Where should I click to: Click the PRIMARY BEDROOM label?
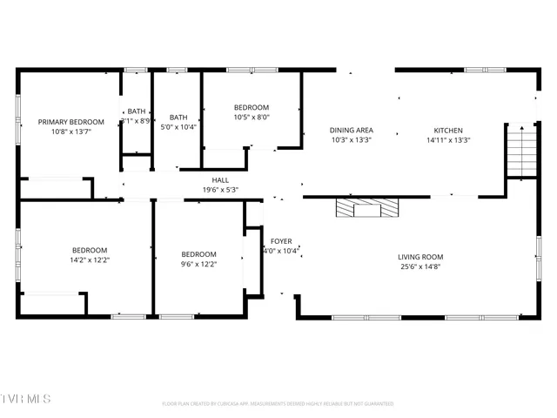70,122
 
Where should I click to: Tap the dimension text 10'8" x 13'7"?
70,131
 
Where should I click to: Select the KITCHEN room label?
449,131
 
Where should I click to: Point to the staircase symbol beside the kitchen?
520,152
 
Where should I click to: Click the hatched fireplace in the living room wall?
368,207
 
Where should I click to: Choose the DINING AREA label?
351,131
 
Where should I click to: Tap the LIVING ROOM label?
420,257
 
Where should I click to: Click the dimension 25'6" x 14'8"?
420,266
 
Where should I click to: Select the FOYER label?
281,241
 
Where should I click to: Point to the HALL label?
220,179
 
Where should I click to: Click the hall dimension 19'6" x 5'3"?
220,189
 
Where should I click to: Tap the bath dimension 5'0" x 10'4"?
178,127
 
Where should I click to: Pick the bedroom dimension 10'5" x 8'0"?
252,117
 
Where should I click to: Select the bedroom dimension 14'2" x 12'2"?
90,259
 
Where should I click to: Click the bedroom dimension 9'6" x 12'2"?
198,264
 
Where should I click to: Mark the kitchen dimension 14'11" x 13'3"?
449,140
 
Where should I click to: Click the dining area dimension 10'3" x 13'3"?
351,140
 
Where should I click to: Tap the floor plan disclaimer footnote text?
278,403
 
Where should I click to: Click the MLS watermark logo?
26,399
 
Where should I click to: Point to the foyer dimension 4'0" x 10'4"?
282,251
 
